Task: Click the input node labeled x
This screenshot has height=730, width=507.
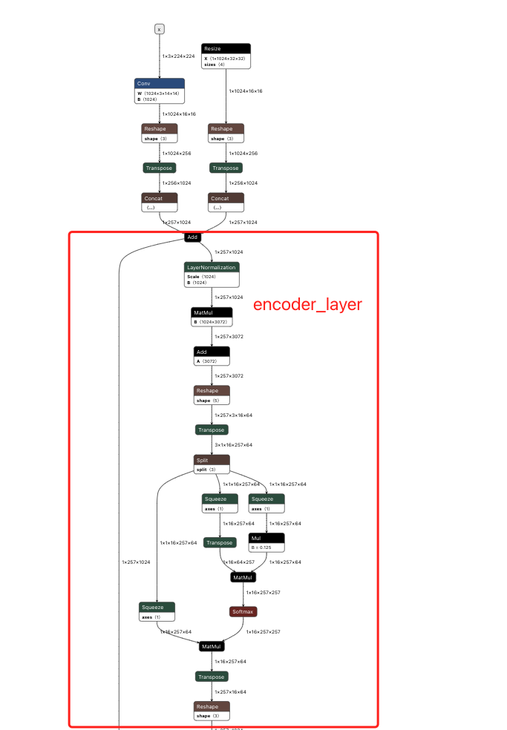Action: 159,29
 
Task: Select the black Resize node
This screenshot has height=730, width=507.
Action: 226,48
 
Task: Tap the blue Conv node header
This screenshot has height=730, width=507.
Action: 160,83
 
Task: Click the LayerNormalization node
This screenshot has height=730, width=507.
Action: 212,267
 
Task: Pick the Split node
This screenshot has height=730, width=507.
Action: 212,460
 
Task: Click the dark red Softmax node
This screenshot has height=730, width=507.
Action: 243,612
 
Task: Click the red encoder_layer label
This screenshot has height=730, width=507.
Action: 307,305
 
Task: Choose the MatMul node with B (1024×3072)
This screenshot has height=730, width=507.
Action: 212,313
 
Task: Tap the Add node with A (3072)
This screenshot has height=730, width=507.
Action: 212,352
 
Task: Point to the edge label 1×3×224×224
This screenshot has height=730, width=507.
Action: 178,56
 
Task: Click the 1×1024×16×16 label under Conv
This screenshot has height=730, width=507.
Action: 179,114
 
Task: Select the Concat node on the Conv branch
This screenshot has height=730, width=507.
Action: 160,198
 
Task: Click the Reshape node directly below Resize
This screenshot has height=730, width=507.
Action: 226,128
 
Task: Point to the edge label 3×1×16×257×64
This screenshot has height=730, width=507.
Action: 233,444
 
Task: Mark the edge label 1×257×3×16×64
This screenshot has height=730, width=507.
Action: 233,415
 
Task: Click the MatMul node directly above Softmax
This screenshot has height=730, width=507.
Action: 243,577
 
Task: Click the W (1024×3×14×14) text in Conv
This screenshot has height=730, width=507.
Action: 158,93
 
